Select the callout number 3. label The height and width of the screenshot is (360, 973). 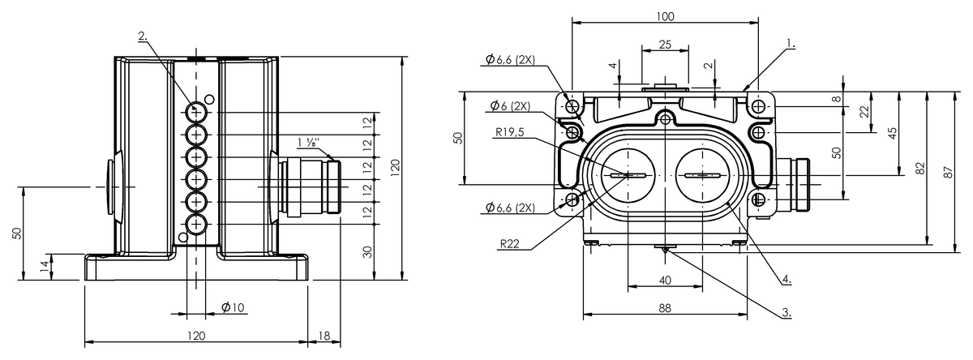click(x=787, y=311)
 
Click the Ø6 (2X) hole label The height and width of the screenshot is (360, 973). click(x=510, y=106)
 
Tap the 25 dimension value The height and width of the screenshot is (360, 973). click(x=665, y=45)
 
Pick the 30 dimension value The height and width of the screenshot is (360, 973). click(x=367, y=251)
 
